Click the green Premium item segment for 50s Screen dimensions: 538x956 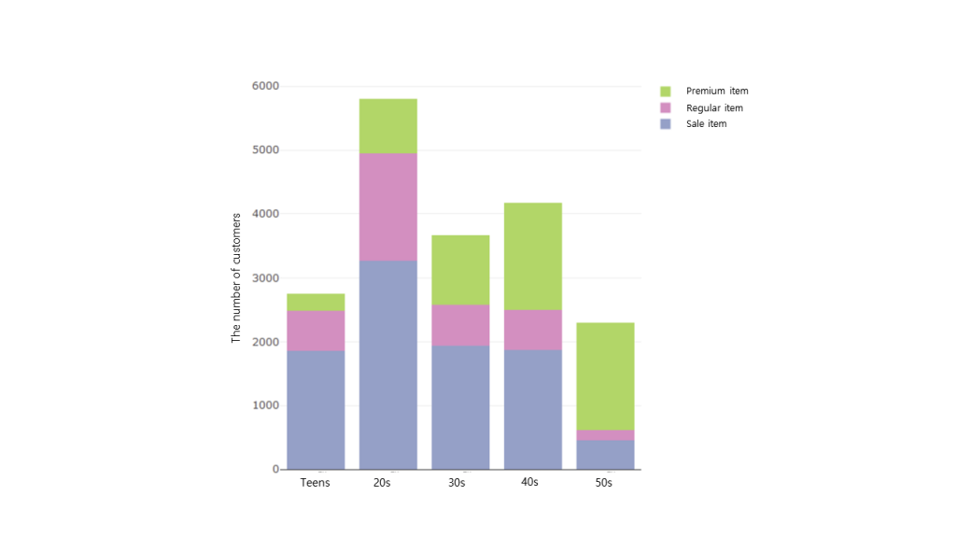coord(605,376)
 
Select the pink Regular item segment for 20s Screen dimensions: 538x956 coord(387,206)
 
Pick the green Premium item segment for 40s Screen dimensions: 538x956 coord(532,256)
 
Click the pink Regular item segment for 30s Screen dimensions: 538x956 coord(460,325)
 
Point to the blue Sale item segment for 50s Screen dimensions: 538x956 coord(605,454)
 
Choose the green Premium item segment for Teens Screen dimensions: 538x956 coord(316,303)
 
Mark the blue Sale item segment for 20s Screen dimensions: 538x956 coord(387,364)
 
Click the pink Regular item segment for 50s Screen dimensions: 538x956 coord(605,435)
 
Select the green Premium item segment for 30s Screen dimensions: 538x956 coord(460,270)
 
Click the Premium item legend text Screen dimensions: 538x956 coord(717,92)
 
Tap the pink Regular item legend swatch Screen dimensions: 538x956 coord(666,108)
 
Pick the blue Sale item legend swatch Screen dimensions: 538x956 coord(666,124)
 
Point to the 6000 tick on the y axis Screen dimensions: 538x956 coord(265,87)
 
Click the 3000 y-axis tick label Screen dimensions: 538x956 coord(265,278)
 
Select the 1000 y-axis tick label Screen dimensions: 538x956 coord(265,406)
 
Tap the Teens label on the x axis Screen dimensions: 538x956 coord(316,483)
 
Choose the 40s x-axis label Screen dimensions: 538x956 coord(530,483)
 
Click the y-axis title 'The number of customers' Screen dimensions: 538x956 coord(236,277)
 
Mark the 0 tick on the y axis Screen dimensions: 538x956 coord(274,470)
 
